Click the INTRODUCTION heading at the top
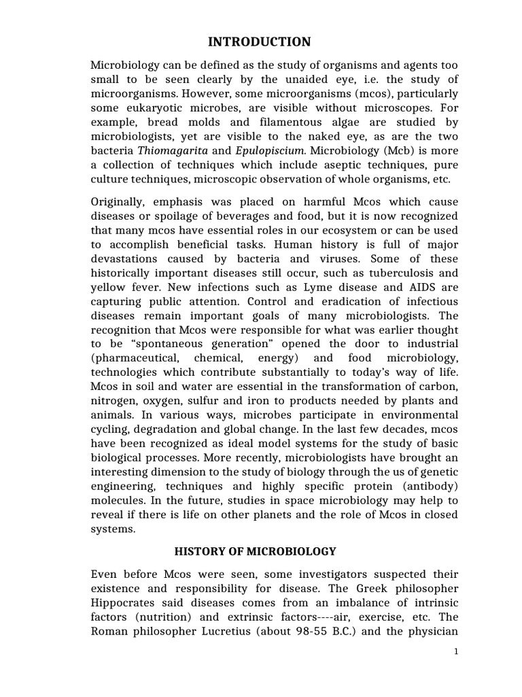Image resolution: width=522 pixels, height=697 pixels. coord(259,42)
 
